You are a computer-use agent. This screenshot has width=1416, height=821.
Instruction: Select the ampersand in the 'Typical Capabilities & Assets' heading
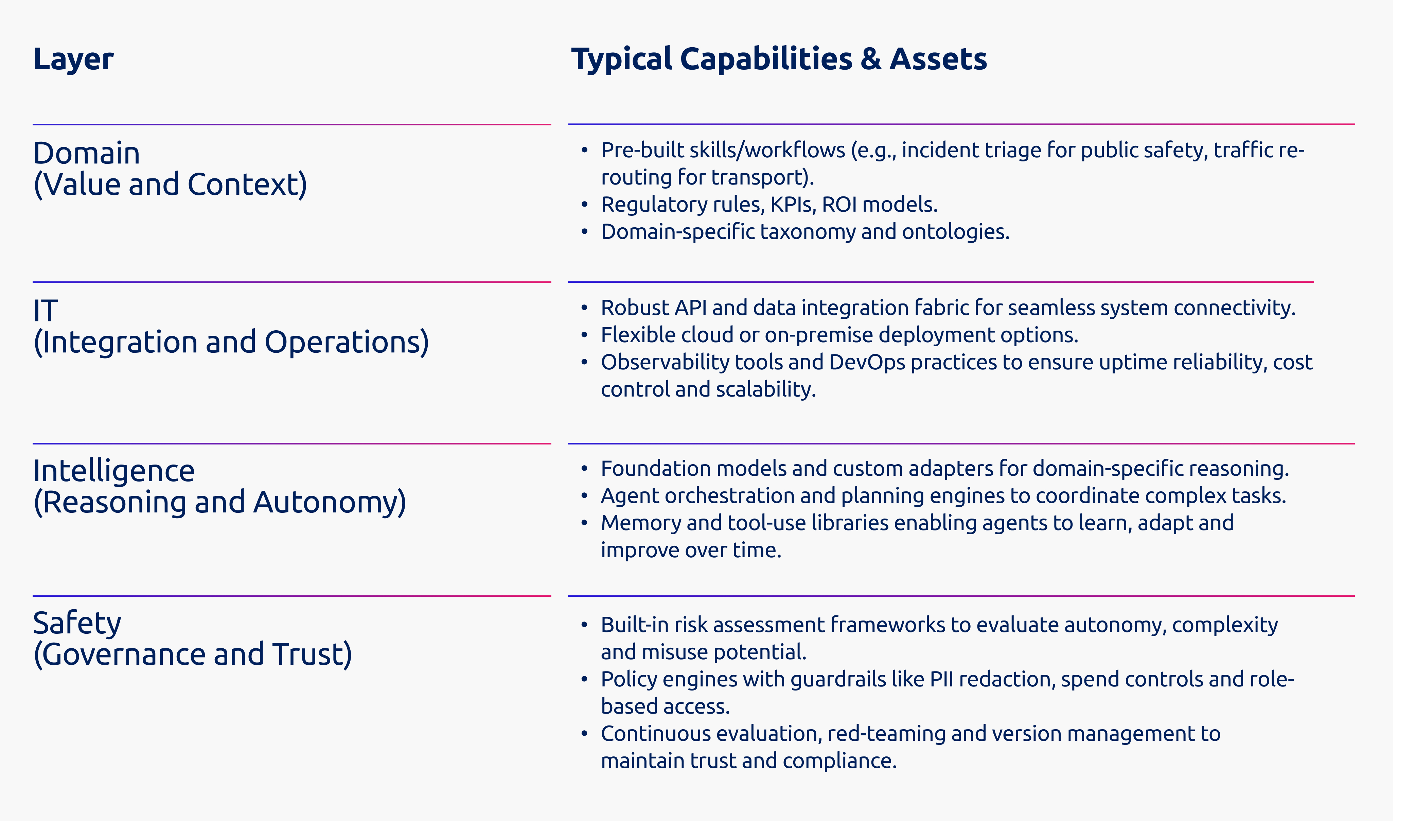870,59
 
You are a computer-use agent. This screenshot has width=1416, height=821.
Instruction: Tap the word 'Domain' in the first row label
87,153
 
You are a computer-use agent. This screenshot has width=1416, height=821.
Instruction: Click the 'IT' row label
46,311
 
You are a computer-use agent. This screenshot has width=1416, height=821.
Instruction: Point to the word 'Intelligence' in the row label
114,471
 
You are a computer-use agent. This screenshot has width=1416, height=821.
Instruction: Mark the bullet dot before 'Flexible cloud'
584,335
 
